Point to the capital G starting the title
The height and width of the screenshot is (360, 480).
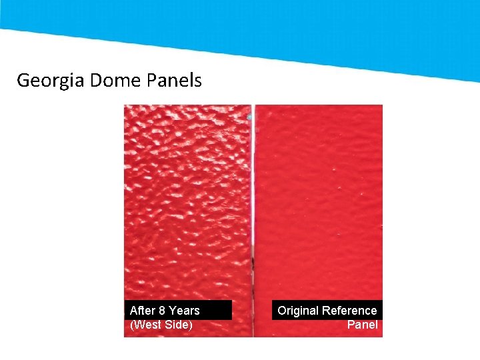click(23, 81)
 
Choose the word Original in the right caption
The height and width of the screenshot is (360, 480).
click(298, 311)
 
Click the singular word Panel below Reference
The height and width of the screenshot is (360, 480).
click(362, 325)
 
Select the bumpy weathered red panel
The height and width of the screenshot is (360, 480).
click(187, 200)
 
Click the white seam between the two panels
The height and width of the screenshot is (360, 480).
click(253, 200)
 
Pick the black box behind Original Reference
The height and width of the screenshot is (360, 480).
click(327, 317)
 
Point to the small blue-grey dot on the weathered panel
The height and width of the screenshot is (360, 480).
click(249, 117)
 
